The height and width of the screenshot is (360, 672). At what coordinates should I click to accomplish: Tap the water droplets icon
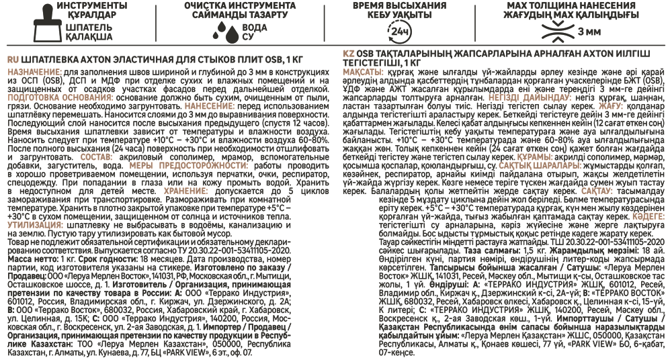[x=227, y=31]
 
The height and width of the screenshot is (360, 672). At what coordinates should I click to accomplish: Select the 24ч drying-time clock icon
[x=398, y=32]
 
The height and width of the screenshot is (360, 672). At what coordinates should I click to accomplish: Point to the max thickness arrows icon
[x=557, y=32]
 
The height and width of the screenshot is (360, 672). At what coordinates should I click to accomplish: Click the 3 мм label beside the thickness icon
[x=589, y=32]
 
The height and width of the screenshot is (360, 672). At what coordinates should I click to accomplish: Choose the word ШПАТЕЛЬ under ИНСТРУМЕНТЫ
[x=89, y=27]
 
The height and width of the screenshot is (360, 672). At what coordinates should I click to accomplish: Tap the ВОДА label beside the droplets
[x=255, y=28]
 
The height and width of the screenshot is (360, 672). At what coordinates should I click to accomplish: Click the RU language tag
[x=13, y=60]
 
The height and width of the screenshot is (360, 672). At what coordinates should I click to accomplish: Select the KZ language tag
[x=348, y=54]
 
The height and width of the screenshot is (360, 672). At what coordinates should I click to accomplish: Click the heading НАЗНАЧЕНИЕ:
[x=35, y=71]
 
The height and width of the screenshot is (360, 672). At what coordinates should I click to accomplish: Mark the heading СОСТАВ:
[x=96, y=157]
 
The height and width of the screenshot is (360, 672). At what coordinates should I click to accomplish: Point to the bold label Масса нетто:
[x=32, y=260]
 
